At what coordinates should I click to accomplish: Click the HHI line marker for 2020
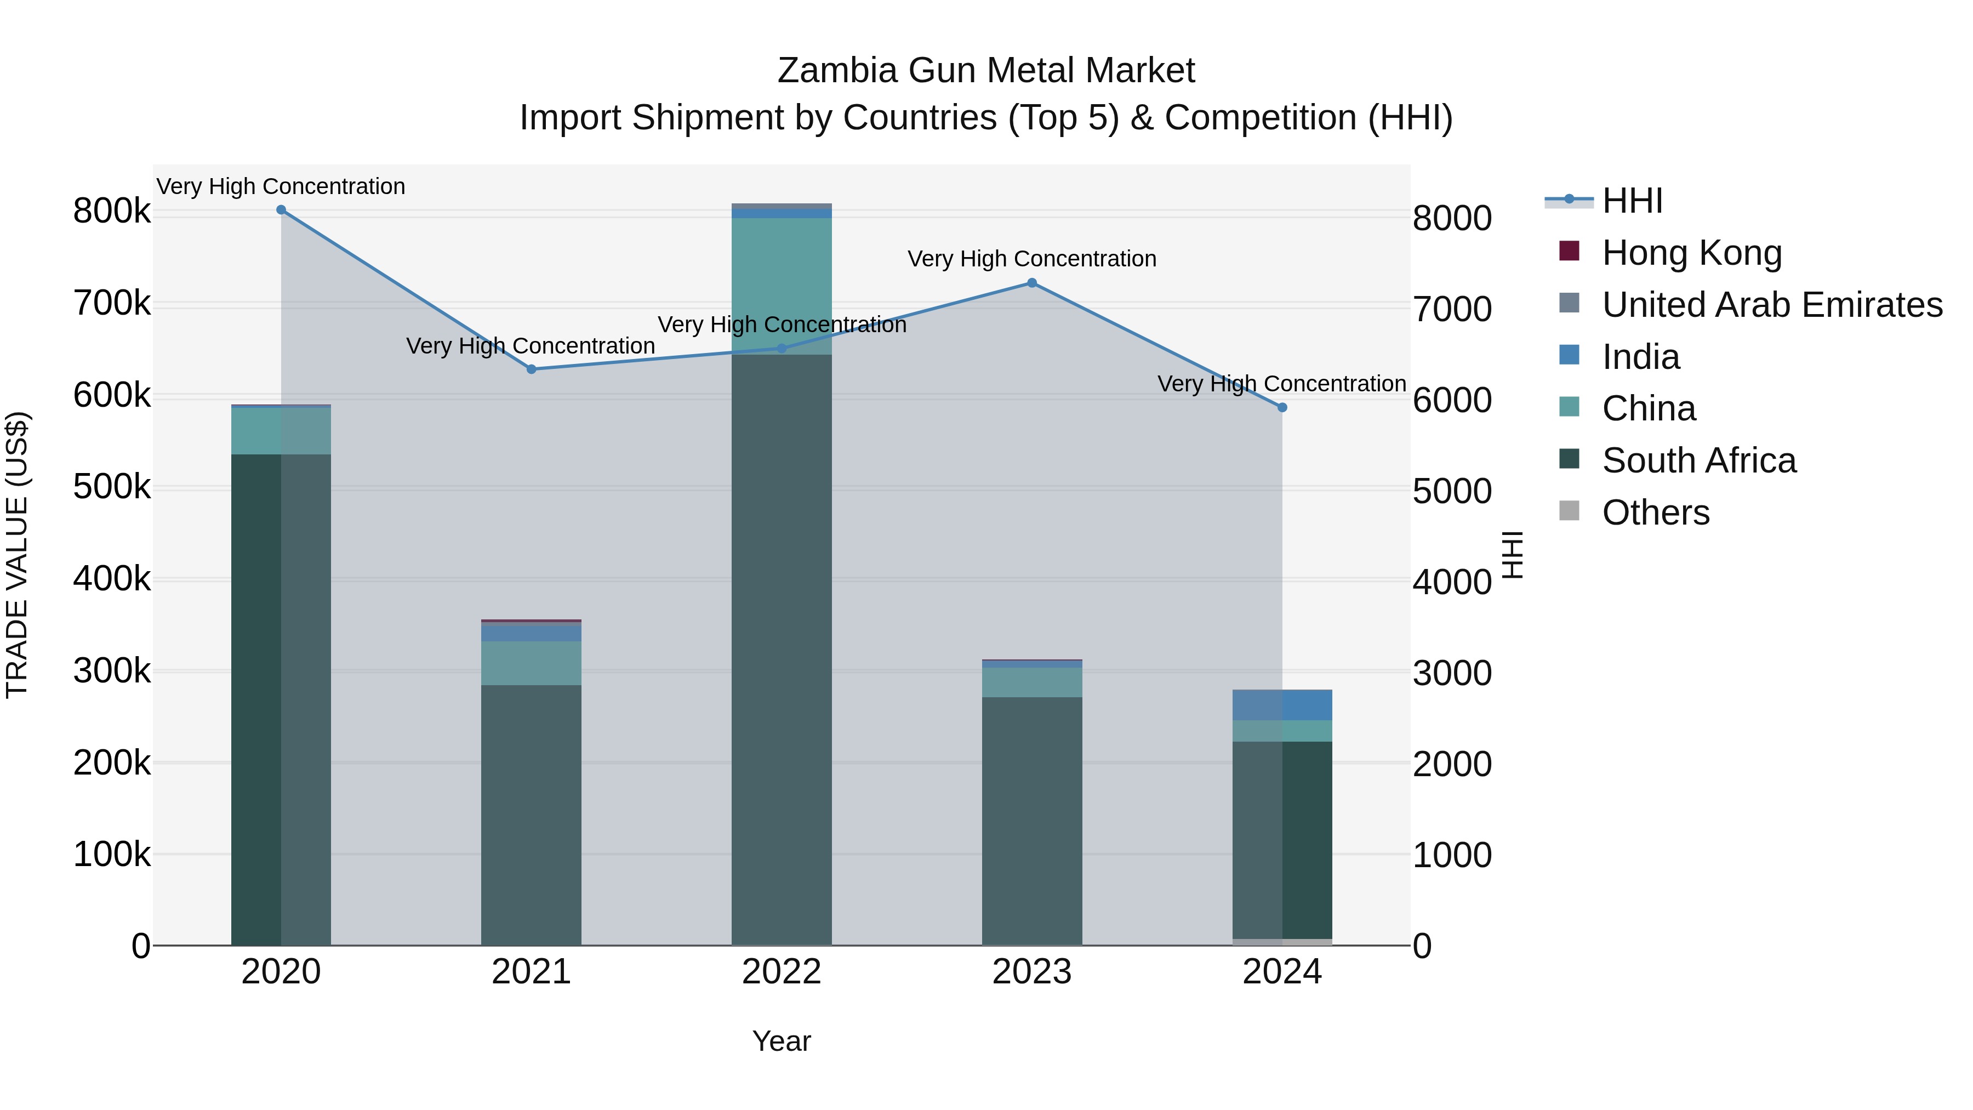tap(281, 210)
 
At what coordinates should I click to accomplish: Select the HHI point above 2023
tap(1031, 283)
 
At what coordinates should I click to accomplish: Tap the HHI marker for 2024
tap(1282, 407)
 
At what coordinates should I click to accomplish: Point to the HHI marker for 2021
tap(532, 369)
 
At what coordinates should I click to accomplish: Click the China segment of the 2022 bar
tap(781, 286)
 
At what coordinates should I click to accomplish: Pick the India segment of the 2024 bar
tap(1282, 705)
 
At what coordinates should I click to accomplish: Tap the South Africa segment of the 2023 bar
tap(1031, 821)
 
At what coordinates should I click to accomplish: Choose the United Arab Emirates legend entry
tap(1771, 305)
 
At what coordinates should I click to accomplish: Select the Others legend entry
tap(1655, 513)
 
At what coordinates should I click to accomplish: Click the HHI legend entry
tap(1632, 201)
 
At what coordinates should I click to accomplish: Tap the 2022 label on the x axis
tap(781, 972)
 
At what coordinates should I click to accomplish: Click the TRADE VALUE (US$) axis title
tap(18, 555)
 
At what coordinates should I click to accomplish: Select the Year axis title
tap(781, 1041)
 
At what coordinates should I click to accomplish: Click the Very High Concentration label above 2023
tap(1031, 259)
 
